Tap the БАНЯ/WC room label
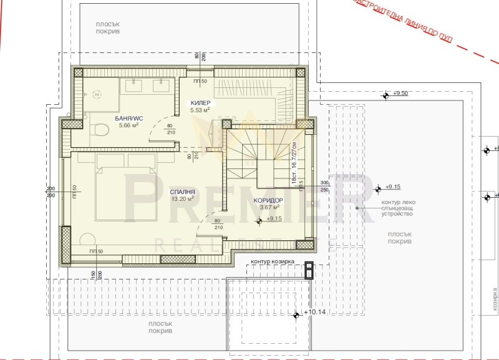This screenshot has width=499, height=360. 128,118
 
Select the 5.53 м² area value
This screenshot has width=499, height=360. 200,111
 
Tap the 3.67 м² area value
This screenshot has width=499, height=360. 269,207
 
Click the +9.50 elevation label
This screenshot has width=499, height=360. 400,94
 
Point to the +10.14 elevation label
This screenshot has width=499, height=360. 315,311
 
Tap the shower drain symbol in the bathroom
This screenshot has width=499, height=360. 96,94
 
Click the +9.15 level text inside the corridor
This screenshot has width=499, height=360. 274,219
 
